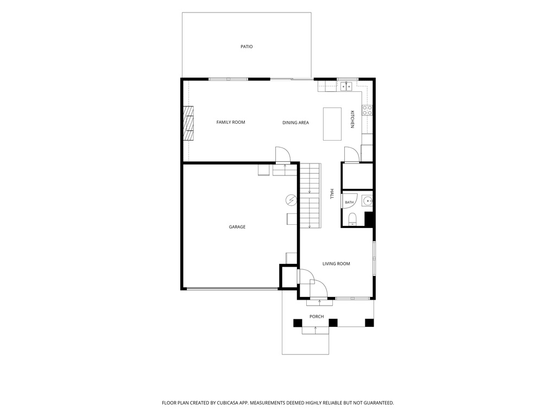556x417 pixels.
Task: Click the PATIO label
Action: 247,47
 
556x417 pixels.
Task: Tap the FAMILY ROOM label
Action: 230,122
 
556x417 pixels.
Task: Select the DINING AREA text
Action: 295,123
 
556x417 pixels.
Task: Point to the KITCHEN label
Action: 352,119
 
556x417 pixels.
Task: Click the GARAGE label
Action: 237,227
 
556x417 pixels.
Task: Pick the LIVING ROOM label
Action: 336,264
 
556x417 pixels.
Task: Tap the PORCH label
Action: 317,317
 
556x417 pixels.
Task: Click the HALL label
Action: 332,194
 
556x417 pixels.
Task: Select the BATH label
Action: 349,203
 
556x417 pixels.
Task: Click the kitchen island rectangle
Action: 332,124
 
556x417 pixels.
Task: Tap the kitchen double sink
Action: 346,86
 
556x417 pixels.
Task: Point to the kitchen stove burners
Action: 367,110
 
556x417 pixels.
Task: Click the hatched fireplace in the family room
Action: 188,123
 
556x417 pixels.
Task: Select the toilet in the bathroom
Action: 352,219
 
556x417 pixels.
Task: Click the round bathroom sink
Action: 368,201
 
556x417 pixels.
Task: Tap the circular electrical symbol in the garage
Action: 291,200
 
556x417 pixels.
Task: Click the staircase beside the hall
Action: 311,195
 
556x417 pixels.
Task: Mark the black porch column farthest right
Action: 369,323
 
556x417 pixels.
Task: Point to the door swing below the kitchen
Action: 352,155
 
